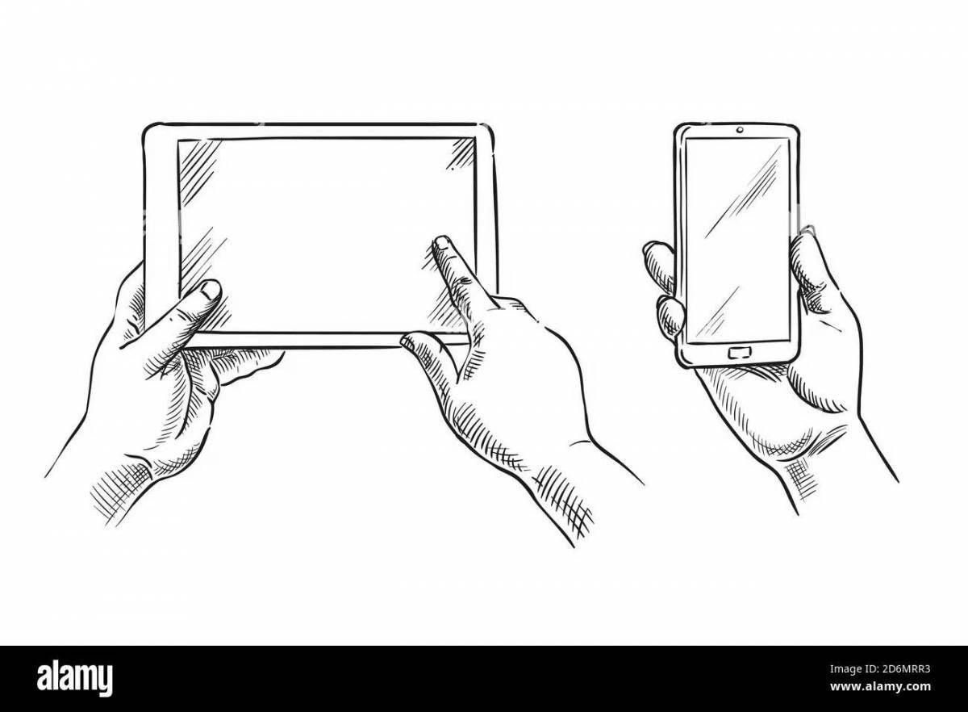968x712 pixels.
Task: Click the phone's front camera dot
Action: pos(739,129)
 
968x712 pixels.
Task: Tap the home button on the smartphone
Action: pos(738,352)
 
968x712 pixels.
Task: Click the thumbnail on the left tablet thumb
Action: pos(211,290)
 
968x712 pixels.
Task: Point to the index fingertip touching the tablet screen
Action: pos(441,243)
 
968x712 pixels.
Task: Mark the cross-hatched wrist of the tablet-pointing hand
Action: pos(557,484)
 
